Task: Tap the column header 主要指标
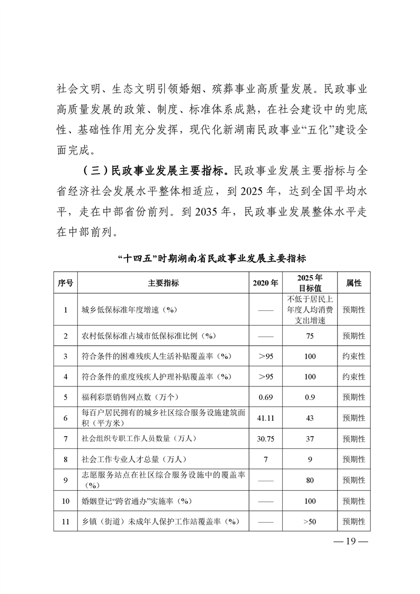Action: click(163, 283)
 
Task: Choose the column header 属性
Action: click(354, 283)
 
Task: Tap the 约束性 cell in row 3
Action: click(354, 356)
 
